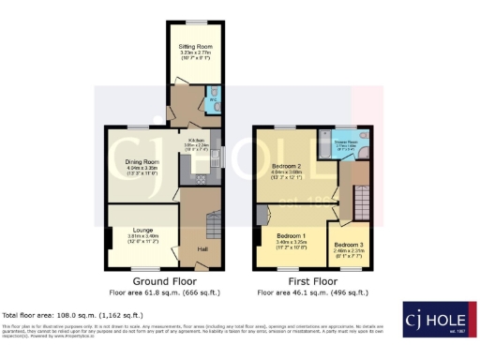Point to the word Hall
point(202,248)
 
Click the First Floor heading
point(312,281)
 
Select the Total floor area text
point(73,315)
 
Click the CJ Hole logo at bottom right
point(437,319)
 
